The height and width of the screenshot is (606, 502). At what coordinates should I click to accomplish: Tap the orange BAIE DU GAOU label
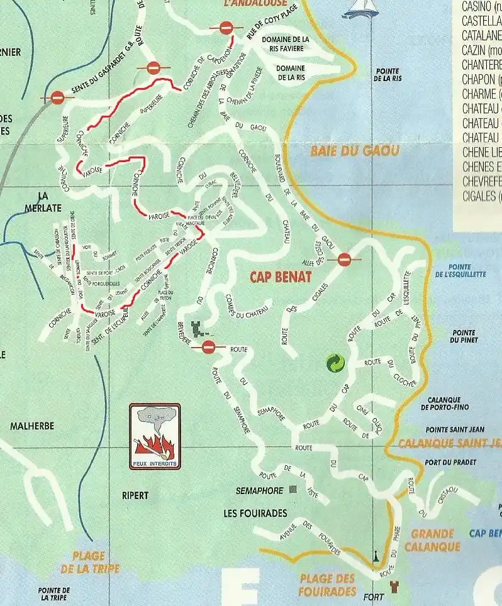[355, 151]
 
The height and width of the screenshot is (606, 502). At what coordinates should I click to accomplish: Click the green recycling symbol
[335, 363]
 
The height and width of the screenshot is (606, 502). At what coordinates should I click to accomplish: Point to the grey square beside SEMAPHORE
[293, 489]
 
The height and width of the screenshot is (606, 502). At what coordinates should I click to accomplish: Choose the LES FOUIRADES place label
[255, 513]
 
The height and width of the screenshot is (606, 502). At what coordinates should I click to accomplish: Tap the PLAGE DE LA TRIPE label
[89, 562]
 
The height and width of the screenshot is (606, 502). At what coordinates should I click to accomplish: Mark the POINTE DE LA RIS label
[388, 75]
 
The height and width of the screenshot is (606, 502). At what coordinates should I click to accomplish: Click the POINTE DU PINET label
[464, 336]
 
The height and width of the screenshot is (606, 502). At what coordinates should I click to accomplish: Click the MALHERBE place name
[32, 426]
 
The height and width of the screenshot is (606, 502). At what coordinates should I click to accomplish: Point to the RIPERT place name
[135, 495]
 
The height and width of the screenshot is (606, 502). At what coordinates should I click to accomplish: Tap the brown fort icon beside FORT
[395, 587]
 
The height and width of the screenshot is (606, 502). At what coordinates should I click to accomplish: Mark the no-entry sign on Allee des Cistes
[344, 259]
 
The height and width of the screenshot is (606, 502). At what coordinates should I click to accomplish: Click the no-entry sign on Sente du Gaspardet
[57, 97]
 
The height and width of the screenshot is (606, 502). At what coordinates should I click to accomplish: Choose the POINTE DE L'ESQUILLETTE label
[460, 270]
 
